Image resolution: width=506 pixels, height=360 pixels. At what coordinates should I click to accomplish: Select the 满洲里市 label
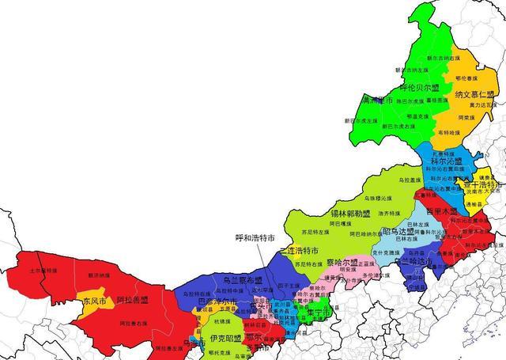coord(377,101)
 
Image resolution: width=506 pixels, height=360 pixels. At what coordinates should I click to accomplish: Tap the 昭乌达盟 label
coord(403,232)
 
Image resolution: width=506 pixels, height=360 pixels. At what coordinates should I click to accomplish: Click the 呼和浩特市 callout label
coord(255,237)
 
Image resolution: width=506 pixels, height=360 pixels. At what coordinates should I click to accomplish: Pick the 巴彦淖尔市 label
coord(217,302)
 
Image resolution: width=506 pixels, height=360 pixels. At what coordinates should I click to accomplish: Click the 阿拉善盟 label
coord(133,301)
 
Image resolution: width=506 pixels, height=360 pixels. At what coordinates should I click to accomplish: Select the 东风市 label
coord(94,301)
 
